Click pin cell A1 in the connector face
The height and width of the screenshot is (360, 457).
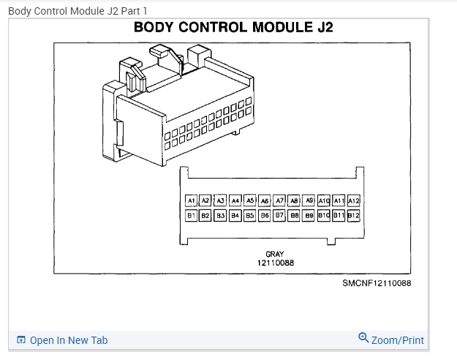(191, 200)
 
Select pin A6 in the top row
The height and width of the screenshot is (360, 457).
(265, 200)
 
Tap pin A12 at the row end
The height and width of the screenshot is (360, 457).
(353, 200)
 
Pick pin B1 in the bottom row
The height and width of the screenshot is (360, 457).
(191, 216)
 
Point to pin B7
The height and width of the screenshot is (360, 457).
(279, 216)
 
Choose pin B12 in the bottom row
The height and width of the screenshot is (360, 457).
(353, 216)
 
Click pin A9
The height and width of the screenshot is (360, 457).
(309, 200)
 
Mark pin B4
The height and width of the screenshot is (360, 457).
(235, 216)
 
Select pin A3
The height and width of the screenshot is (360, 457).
(220, 200)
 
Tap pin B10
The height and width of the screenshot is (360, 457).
(324, 216)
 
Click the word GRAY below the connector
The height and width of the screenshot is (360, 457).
(275, 254)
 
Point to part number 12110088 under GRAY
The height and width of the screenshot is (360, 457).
(275, 262)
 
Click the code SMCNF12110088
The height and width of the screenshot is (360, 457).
(377, 283)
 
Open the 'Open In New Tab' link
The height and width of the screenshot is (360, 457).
(69, 340)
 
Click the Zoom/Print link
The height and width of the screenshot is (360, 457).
(397, 340)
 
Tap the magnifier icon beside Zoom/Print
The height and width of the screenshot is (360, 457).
(363, 338)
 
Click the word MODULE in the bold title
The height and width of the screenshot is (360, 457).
(273, 29)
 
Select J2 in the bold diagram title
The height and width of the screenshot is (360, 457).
(322, 29)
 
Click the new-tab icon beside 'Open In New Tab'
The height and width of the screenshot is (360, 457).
(21, 340)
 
